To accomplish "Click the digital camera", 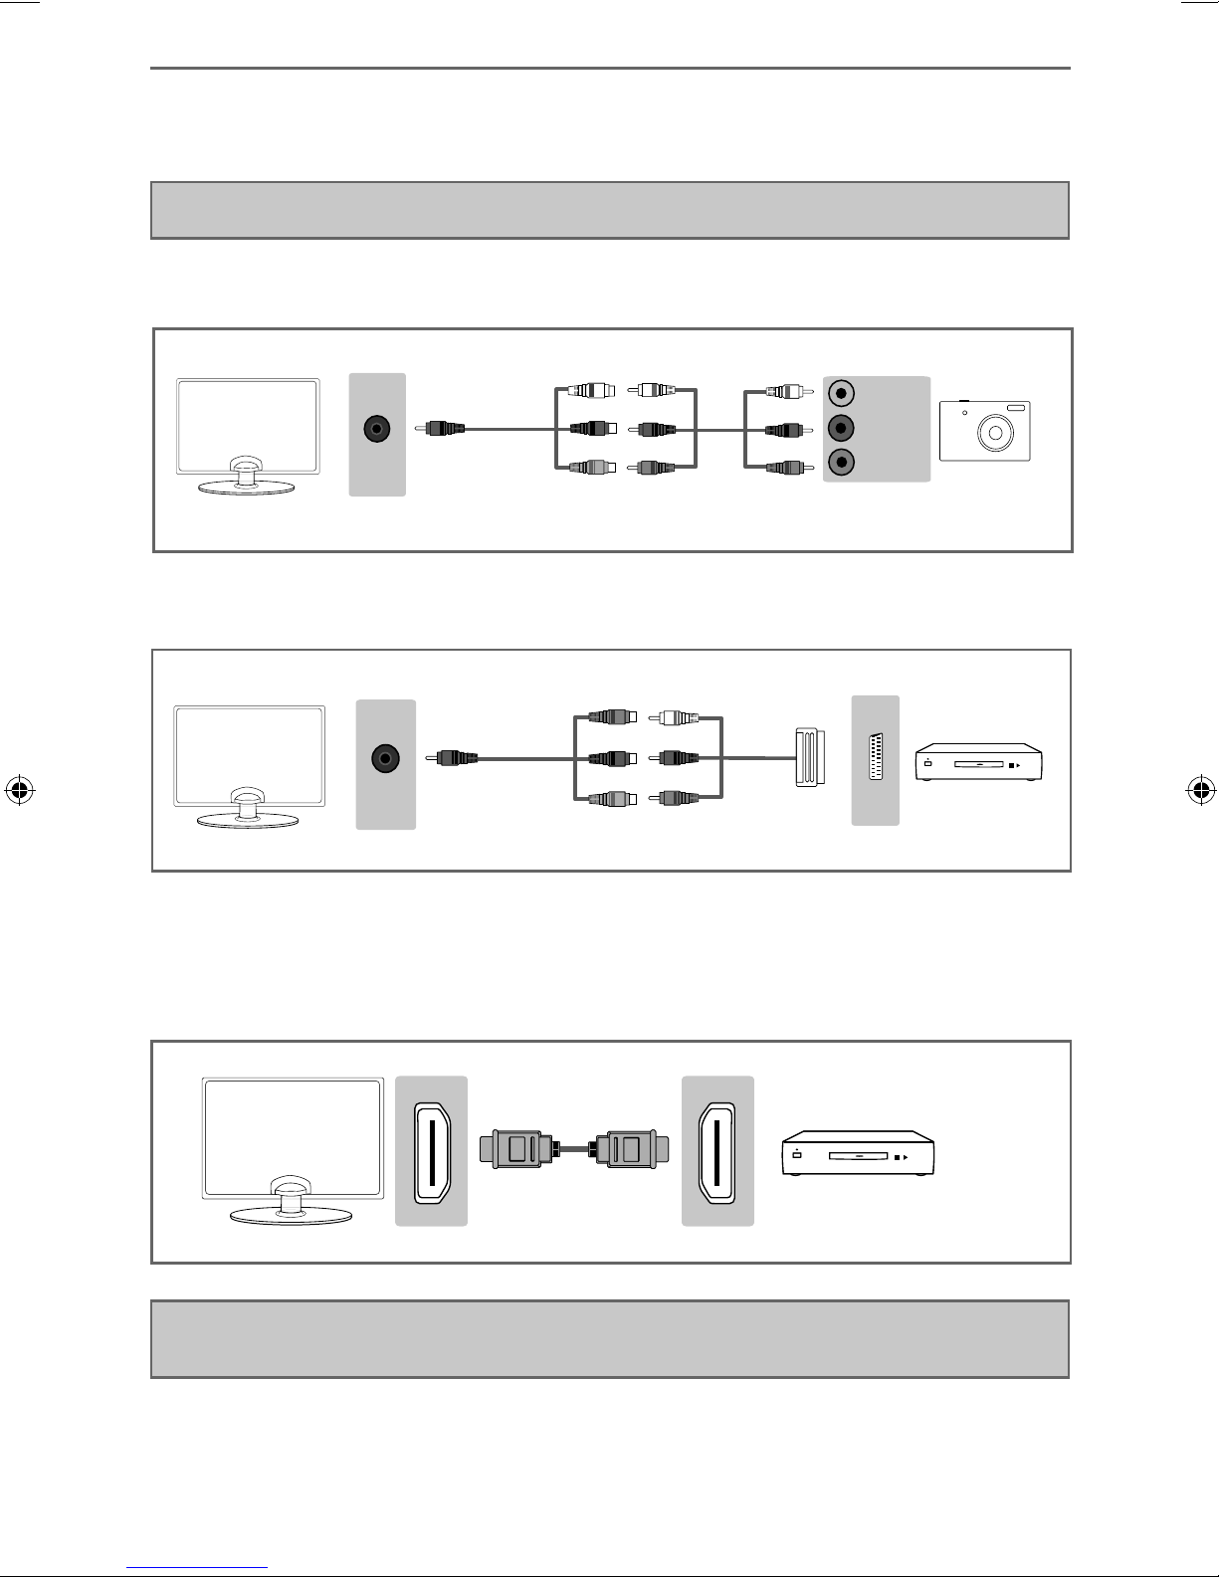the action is (x=984, y=431).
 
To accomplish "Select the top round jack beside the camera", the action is (x=841, y=393).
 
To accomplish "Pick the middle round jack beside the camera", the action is (x=841, y=429).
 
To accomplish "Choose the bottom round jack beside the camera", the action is (x=841, y=463).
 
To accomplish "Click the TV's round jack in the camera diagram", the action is (x=377, y=430).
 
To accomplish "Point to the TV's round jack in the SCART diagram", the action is (x=385, y=759).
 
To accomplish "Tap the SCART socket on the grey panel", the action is (x=876, y=760).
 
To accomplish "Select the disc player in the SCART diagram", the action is (x=979, y=761).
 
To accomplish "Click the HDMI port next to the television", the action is (x=431, y=1151).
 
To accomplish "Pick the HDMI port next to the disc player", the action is (x=717, y=1151).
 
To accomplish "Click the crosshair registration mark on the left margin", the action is (x=20, y=791).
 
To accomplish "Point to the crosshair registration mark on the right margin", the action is (x=1200, y=791).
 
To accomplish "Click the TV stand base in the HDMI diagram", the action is (x=291, y=1216).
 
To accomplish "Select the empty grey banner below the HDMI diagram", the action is (x=609, y=1338).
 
